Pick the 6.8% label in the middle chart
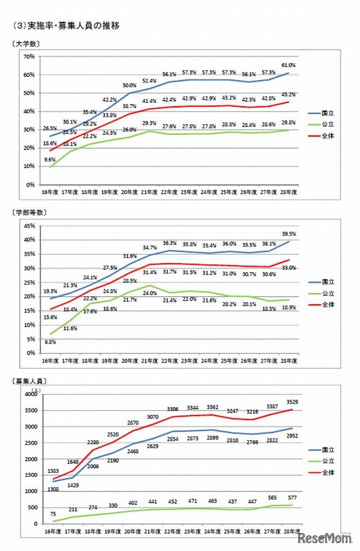[49, 341]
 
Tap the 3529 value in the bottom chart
[290, 403]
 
